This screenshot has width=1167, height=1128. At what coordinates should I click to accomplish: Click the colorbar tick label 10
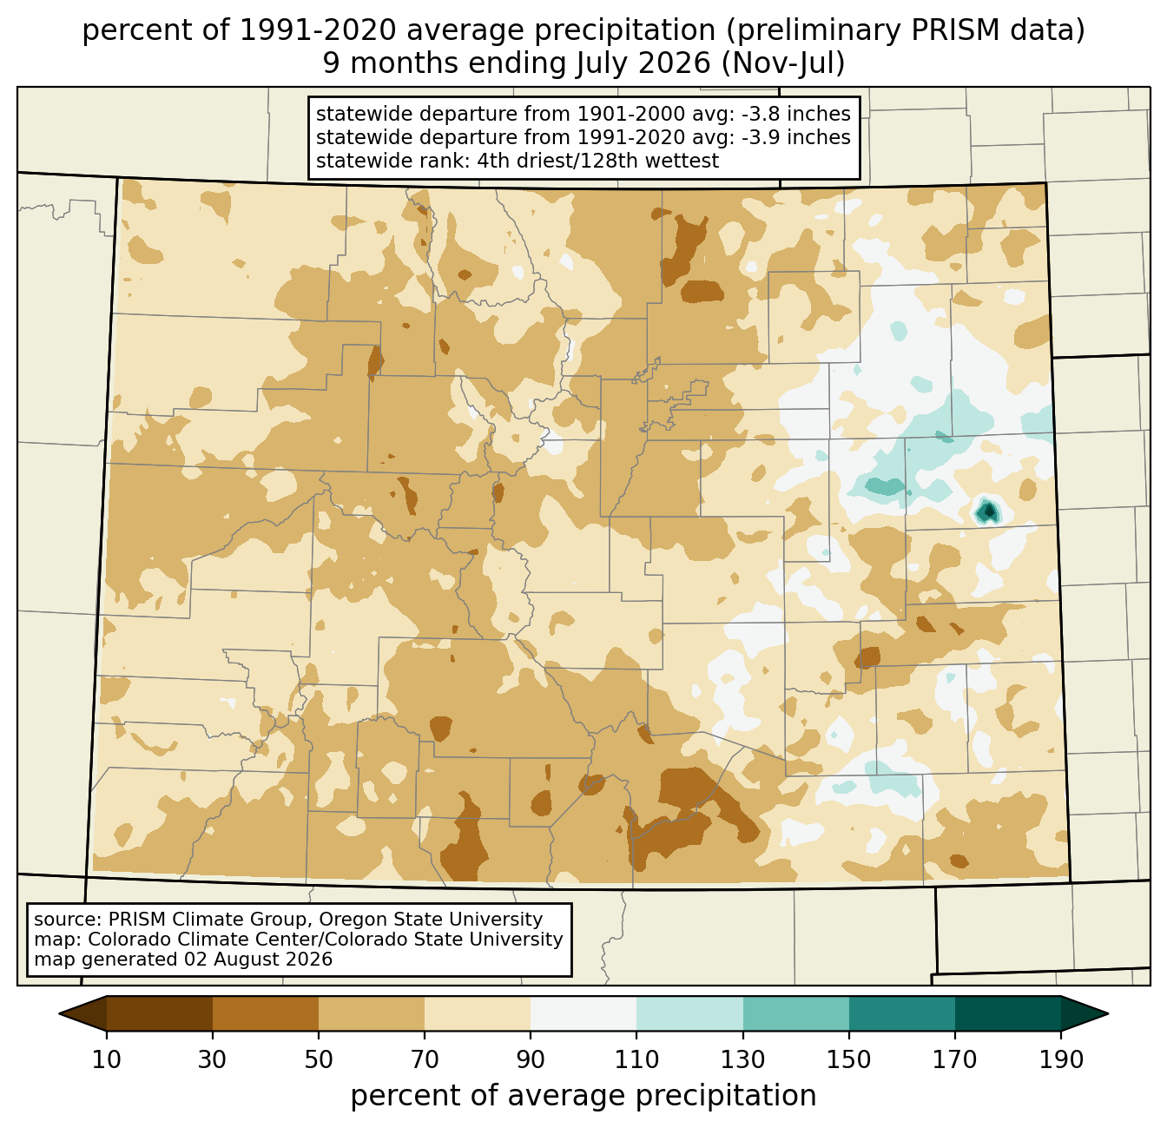(106, 1059)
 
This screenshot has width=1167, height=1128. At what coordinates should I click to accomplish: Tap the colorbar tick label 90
(531, 1059)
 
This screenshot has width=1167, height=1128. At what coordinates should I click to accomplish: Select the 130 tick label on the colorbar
(742, 1059)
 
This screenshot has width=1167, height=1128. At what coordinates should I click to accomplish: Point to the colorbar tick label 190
(1061, 1059)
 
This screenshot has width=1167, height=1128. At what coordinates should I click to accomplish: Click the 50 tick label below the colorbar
(319, 1059)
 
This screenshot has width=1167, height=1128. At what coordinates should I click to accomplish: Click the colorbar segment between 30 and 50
(265, 1013)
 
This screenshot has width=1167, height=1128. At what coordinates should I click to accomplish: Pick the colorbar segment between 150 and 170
(901, 1013)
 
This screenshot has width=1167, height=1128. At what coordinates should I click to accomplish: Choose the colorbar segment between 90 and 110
(583, 1013)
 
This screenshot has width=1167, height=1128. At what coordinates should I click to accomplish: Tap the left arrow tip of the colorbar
(59, 1013)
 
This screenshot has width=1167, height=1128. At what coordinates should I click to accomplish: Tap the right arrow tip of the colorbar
(1107, 1013)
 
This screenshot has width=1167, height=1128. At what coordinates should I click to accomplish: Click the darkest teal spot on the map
(987, 511)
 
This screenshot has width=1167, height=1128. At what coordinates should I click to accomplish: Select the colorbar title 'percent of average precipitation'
(583, 1096)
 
